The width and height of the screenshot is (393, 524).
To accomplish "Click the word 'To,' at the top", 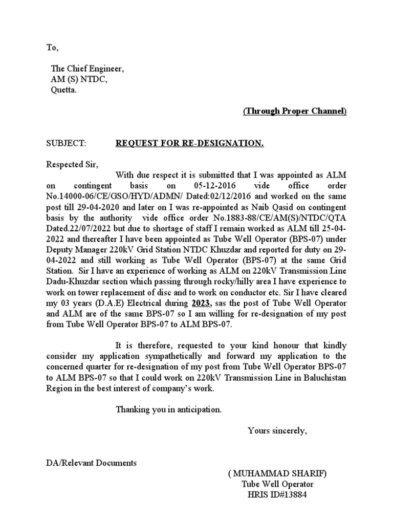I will pyautogui.click(x=53, y=48).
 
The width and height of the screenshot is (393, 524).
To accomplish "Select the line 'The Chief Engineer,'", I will pyautogui.click(x=87, y=69).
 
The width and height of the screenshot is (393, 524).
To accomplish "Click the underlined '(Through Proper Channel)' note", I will pyautogui.click(x=294, y=111).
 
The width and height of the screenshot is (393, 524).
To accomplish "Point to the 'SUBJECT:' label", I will pyautogui.click(x=66, y=144).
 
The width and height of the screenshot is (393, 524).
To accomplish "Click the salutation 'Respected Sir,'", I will pyautogui.click(x=72, y=165).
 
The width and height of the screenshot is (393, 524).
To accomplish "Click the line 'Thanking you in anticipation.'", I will pyautogui.click(x=169, y=409).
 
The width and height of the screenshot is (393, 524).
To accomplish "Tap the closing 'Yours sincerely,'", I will pyautogui.click(x=277, y=430).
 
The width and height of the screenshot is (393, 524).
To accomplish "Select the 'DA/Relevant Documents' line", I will pyautogui.click(x=91, y=463).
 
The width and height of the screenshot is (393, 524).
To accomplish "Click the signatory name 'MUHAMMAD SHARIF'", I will pyautogui.click(x=278, y=474).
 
